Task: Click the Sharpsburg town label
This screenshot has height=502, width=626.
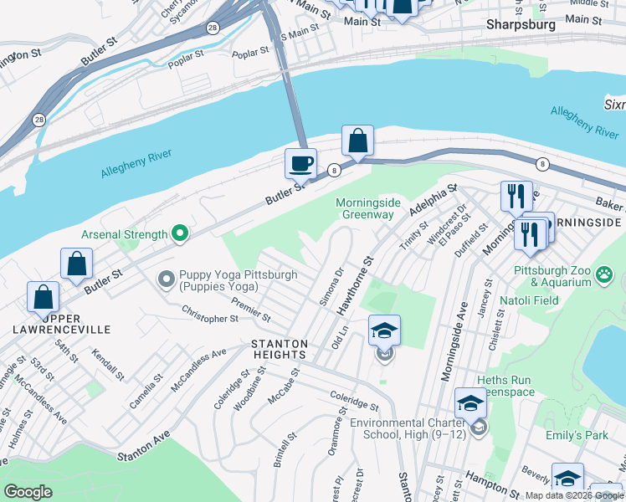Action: (x=521, y=25)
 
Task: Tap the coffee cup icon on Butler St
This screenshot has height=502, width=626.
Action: (x=300, y=163)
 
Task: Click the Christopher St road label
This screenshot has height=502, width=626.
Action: (x=210, y=318)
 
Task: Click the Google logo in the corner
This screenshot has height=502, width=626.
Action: (x=28, y=492)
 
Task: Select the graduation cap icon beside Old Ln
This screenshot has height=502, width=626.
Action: (x=384, y=330)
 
